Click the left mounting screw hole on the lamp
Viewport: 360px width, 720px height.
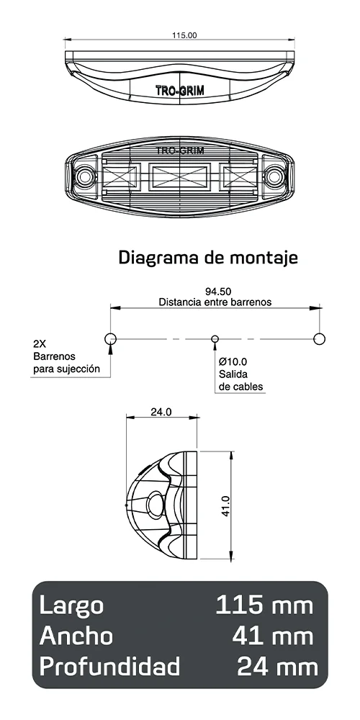click(86, 176)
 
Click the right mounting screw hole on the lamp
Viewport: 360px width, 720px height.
click(274, 176)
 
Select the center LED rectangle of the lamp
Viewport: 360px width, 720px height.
click(180, 176)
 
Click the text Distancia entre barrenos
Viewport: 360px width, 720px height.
click(215, 302)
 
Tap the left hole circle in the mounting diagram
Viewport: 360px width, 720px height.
click(110, 338)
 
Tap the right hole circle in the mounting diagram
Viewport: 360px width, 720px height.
click(320, 338)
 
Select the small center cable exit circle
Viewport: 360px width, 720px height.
click(214, 338)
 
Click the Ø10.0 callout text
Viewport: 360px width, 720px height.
click(233, 361)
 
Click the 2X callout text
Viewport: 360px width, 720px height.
click(41, 343)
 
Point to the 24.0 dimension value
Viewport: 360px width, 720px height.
click(161, 413)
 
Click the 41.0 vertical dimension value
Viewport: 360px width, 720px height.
click(225, 505)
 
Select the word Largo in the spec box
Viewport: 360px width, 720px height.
click(72, 605)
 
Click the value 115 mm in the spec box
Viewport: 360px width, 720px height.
click(265, 605)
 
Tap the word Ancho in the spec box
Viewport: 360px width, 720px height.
click(76, 636)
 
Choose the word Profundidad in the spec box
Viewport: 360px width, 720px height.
click(109, 667)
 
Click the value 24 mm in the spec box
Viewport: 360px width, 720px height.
click(276, 667)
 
